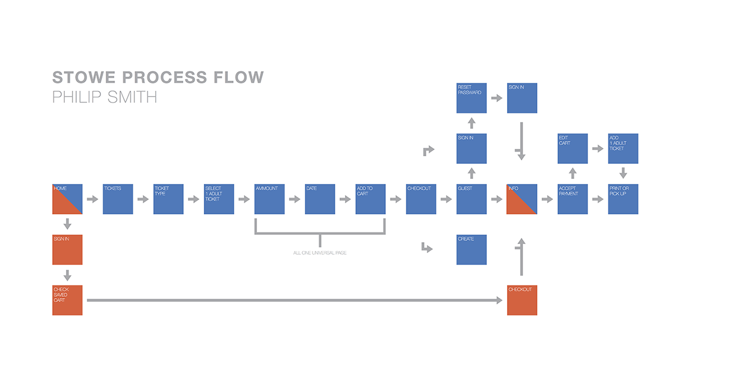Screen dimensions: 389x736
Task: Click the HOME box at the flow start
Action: pos(67,199)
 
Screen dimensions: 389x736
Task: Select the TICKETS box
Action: pos(118,199)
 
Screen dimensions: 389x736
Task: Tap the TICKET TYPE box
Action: pos(168,199)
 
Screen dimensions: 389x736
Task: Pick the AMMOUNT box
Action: pos(269,199)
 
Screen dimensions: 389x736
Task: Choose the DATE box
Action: pos(320,199)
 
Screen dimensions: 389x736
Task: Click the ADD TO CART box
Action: pos(371,199)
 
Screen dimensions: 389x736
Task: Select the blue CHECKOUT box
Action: pos(421,199)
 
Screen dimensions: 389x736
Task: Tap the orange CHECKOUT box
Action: pos(522,300)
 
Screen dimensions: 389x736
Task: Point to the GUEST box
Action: pos(472,199)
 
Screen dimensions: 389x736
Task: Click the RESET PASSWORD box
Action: pos(472,98)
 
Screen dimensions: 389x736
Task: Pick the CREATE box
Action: pos(472,250)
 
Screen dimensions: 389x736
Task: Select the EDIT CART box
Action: pos(572,148)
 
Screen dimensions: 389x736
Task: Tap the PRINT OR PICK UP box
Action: pos(623,199)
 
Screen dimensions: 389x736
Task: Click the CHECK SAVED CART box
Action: pos(67,300)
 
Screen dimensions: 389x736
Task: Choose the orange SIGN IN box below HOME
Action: pos(67,250)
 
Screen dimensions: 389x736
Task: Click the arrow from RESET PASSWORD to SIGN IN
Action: pos(497,98)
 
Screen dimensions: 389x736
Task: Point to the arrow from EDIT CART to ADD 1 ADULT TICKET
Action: pos(598,148)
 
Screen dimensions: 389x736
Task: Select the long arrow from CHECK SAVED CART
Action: pos(294,300)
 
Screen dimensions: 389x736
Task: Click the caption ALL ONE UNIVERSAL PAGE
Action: pos(320,253)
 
